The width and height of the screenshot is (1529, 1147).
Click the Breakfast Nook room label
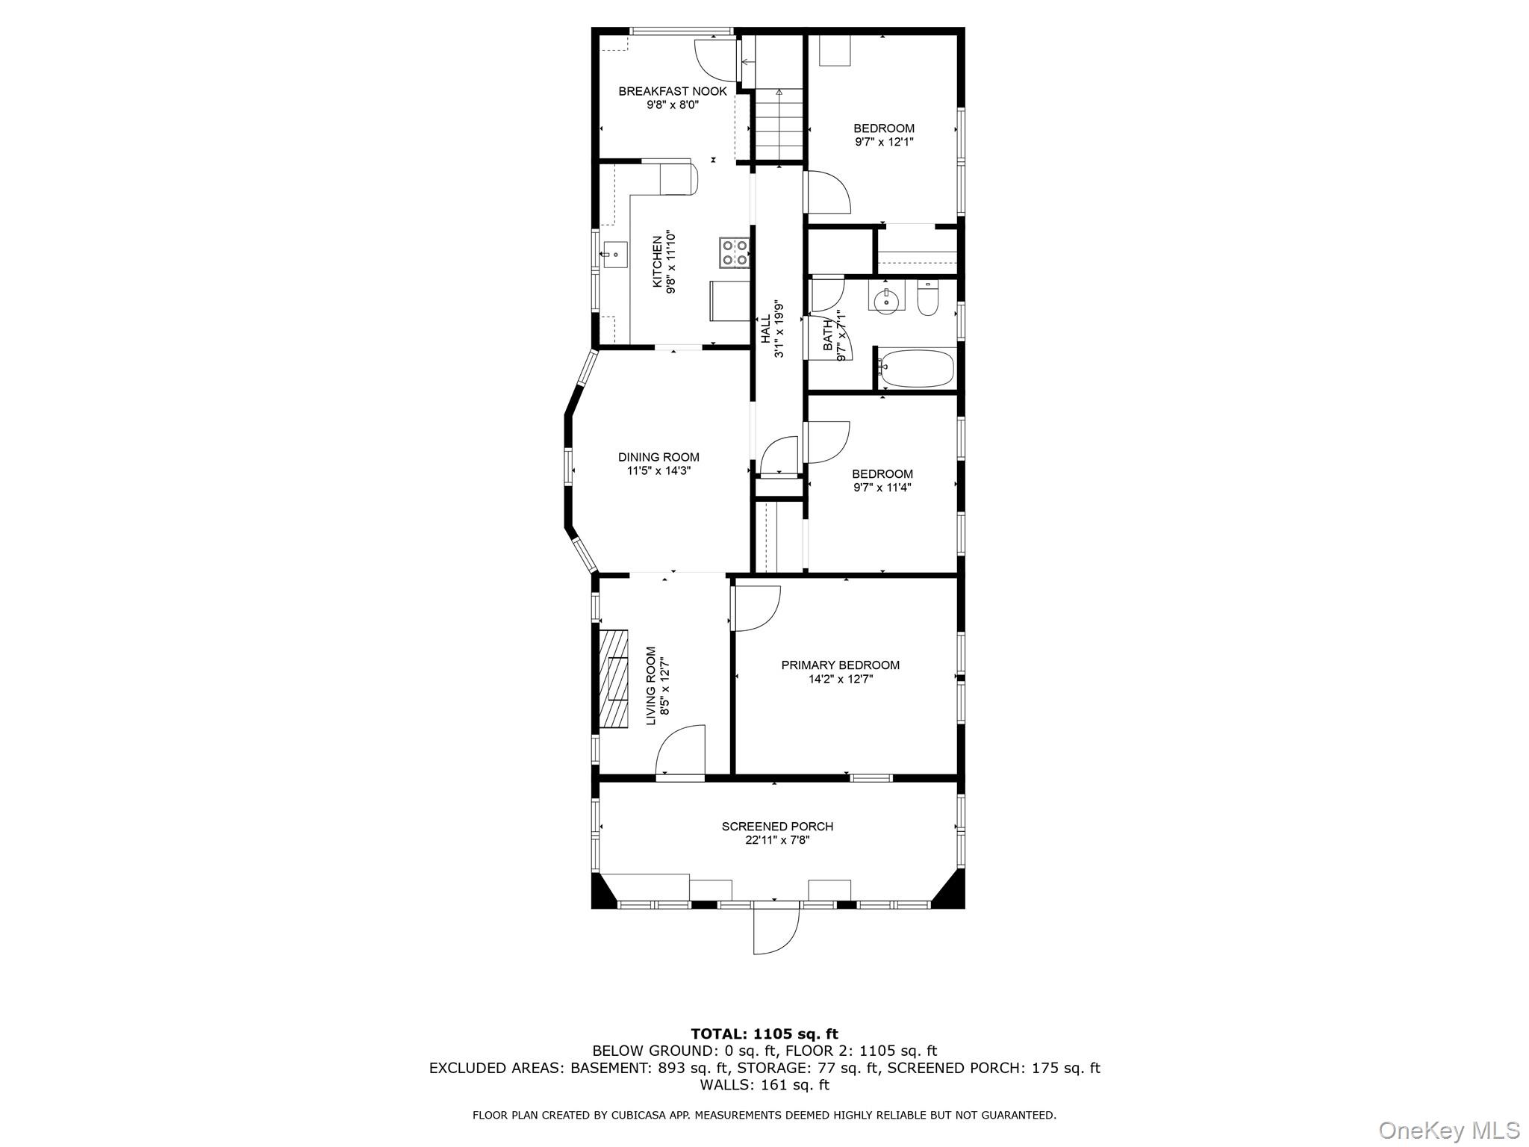coord(672,92)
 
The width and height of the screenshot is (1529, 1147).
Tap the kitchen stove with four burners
coord(735,252)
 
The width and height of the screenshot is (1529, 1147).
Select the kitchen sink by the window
coord(615,255)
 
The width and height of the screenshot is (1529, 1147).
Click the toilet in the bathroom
coord(927,299)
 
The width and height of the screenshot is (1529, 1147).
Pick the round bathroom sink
coord(886,299)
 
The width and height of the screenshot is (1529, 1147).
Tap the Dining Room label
coord(658,457)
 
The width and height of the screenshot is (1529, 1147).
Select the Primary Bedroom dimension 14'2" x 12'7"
coord(840,680)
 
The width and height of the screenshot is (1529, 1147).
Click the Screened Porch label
coord(776,827)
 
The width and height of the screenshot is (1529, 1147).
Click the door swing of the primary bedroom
coord(756,607)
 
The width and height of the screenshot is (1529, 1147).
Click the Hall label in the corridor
coord(765,329)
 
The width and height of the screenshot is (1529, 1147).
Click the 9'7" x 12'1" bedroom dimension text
coord(883,142)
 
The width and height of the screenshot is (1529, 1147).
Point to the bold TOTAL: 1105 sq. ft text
coord(764,1034)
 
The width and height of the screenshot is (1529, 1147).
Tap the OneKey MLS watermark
coord(1448,1130)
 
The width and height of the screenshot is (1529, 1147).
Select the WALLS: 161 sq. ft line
coord(764,1085)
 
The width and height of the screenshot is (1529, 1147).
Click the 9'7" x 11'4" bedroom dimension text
coord(882,488)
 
